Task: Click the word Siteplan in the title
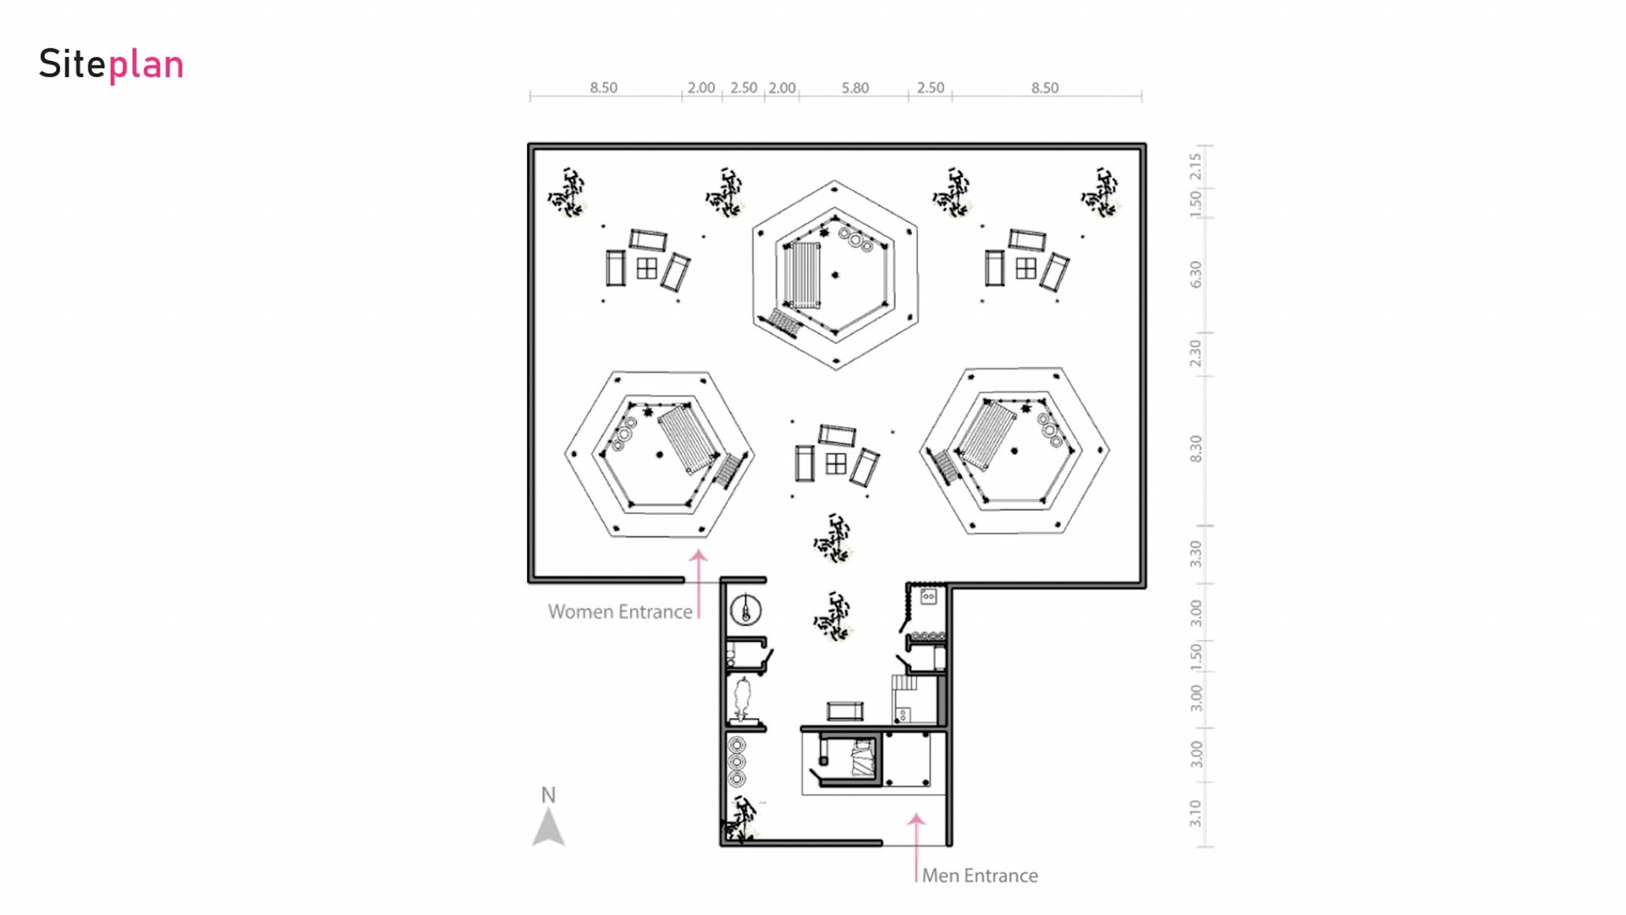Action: (111, 64)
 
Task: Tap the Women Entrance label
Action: (620, 612)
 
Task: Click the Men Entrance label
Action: (979, 875)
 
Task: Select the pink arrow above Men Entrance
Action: (916, 847)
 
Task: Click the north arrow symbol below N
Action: (549, 828)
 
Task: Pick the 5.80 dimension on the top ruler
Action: (854, 87)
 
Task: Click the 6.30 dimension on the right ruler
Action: (1195, 274)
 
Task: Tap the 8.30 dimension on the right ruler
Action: (1195, 448)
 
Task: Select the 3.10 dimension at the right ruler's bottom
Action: (1195, 813)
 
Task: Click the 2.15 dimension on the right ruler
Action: (1195, 166)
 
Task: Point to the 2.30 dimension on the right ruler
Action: (1195, 352)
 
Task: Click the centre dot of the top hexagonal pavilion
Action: (835, 274)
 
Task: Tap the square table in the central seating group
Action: (836, 463)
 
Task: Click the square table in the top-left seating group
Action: (647, 269)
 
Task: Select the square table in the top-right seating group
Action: (1026, 269)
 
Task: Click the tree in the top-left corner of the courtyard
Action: (567, 192)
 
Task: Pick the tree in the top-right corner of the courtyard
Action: (1100, 192)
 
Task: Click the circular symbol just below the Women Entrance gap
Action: (745, 610)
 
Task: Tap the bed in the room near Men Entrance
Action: (862, 758)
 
